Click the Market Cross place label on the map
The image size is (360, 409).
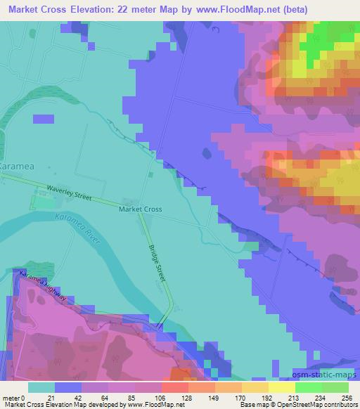pos(141,209)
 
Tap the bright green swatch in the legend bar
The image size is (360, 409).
pos(309,387)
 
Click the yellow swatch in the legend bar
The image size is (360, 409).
pos(282,387)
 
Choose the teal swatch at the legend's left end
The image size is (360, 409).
pos(41,387)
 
